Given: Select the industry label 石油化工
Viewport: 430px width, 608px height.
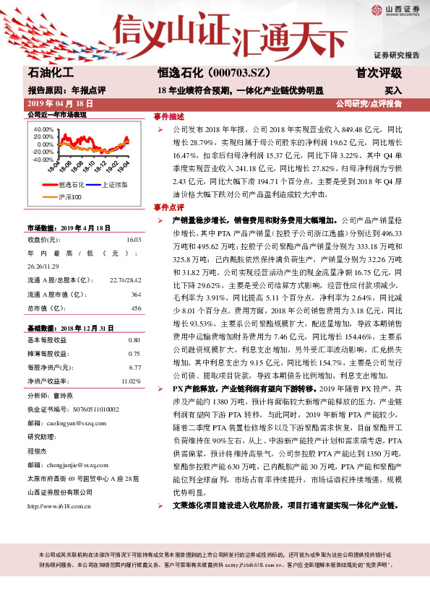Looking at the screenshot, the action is point(51,73).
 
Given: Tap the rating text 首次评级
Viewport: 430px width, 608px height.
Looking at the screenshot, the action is point(379,73).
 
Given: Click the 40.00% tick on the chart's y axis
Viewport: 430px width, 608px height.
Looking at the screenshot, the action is point(43,129).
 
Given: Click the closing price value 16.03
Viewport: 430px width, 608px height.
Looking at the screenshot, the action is point(133,239).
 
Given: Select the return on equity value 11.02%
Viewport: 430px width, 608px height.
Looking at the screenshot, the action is point(130,380).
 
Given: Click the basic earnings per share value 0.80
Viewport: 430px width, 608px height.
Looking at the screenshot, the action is point(134,339).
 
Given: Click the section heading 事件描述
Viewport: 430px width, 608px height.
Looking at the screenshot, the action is point(168,116).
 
